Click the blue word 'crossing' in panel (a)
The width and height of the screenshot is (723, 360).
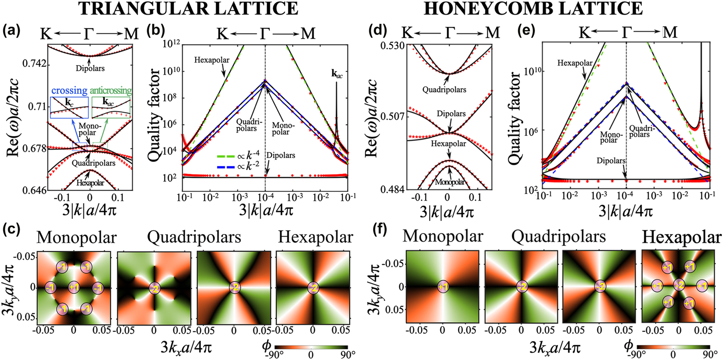pos(69,91)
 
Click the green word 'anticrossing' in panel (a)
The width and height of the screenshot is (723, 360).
pos(111,91)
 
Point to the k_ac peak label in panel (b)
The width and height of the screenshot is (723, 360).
pos(336,75)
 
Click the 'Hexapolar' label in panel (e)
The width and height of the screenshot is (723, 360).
pos(575,63)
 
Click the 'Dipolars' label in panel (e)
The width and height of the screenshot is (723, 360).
pos(611,161)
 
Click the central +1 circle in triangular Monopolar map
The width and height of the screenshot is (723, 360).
pos(74,287)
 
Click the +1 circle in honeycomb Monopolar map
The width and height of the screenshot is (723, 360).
pos(443,287)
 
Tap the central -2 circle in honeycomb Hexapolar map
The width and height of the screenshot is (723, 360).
pos(679,285)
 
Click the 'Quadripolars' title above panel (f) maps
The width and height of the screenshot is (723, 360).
pos(558,237)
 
